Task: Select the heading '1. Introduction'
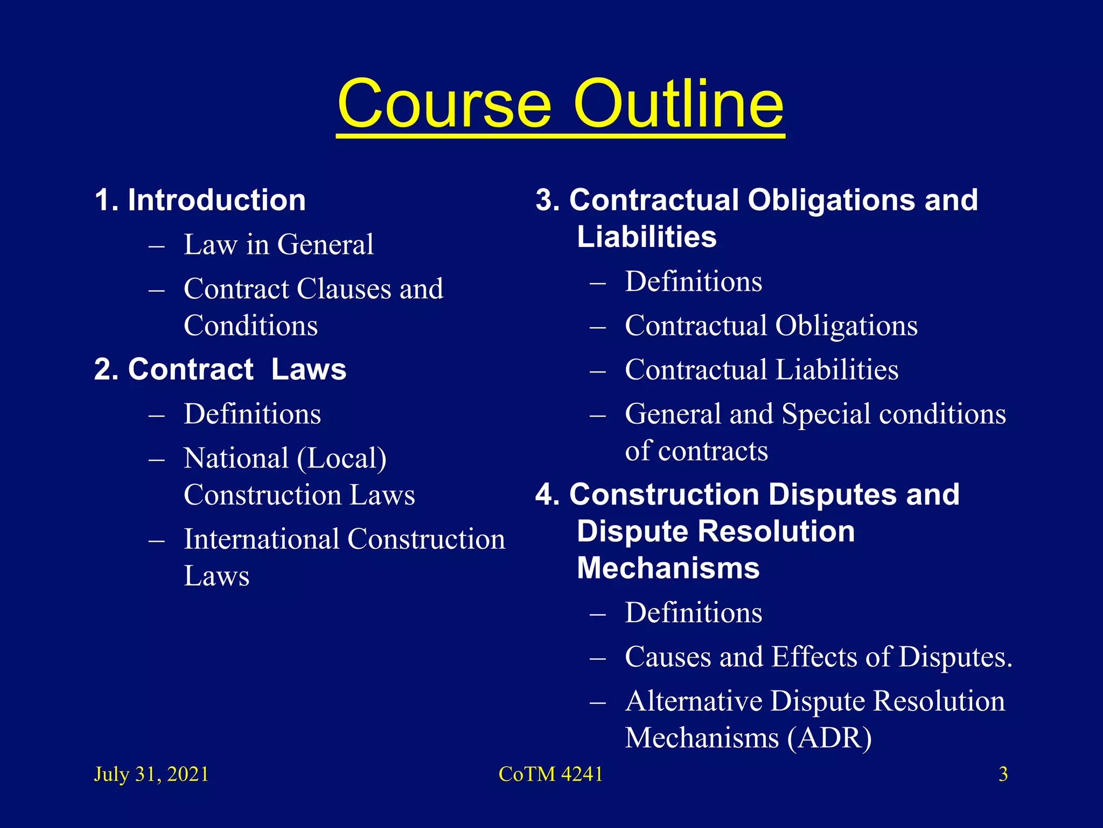(x=200, y=200)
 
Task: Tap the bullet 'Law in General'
(x=278, y=244)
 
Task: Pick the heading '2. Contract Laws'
(x=220, y=369)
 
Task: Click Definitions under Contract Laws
(x=252, y=414)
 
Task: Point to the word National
(x=236, y=458)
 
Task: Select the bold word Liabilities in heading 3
(x=646, y=237)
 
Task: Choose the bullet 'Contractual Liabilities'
(x=762, y=370)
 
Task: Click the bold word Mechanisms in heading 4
(x=668, y=568)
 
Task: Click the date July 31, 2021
(x=151, y=774)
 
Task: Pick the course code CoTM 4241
(x=550, y=774)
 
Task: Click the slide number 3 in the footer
(x=1003, y=774)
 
